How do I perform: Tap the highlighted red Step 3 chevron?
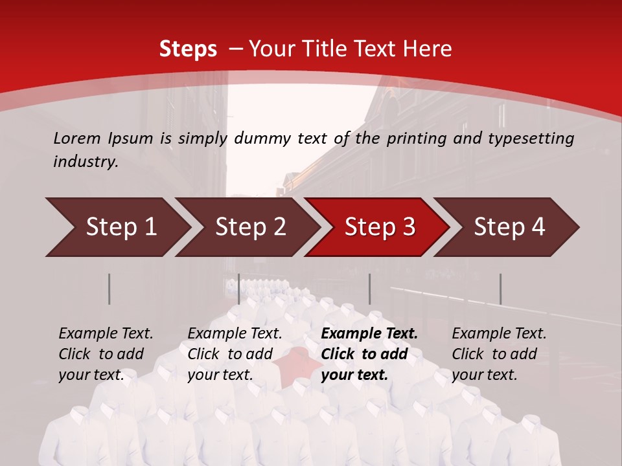[x=379, y=227]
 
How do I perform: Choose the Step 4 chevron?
[x=509, y=227]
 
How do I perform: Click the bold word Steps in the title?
[x=188, y=49]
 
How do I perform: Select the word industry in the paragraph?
[x=86, y=162]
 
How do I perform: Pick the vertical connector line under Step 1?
[x=109, y=289]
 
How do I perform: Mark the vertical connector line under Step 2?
[x=239, y=289]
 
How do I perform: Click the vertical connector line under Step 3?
[x=369, y=289]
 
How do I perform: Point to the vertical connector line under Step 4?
[x=500, y=289]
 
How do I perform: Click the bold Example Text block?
[x=368, y=354]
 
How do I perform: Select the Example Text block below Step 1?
[x=105, y=354]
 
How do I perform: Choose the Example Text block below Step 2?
[x=234, y=354]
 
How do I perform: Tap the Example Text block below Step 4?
[x=498, y=354]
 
